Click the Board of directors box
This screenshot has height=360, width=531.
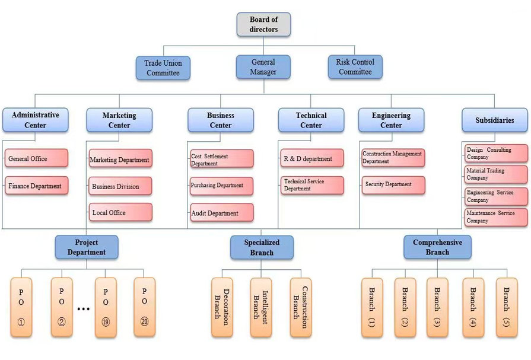coord(263,24)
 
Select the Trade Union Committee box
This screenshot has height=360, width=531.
coord(163,68)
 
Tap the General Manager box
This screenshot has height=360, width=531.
coord(263,67)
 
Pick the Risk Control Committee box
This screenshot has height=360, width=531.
coord(355,67)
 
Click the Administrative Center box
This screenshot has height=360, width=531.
coord(35,120)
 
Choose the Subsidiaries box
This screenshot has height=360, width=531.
coord(494,120)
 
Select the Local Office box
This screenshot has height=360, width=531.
coord(120,212)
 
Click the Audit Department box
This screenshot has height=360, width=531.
coord(221,213)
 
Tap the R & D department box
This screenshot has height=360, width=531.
coord(311,158)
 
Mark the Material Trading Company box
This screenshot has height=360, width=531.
coord(496,174)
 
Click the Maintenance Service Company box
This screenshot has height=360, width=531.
coord(496,217)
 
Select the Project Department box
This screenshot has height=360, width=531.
coord(87,247)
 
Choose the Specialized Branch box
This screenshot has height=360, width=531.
coord(262,247)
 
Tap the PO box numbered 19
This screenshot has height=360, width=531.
coord(106,307)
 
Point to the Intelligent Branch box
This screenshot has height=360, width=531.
coord(260,307)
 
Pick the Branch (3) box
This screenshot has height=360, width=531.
coord(437,307)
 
